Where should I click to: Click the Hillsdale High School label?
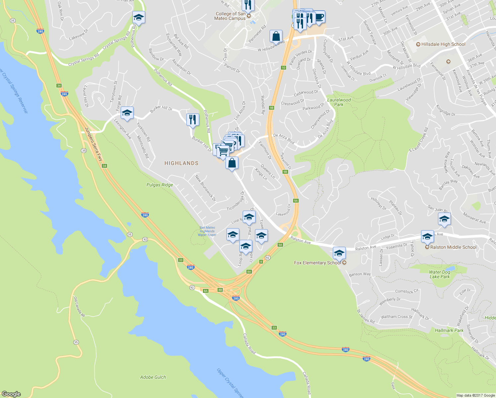[443, 44]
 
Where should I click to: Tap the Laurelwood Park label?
[339, 102]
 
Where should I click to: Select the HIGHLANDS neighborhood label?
[181, 163]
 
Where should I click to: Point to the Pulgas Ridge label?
[160, 185]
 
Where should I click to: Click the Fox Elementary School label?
[317, 263]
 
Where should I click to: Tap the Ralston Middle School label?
[453, 247]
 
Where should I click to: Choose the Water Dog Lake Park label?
[440, 274]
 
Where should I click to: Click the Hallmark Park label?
[449, 330]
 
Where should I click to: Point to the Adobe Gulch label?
[153, 377]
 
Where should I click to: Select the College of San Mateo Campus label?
[230, 16]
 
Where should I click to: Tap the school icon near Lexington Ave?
[127, 113]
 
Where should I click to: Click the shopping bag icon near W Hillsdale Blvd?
[276, 36]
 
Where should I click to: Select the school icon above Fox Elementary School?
[339, 253]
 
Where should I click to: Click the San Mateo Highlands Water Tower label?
[207, 231]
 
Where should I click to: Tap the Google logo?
[11, 394]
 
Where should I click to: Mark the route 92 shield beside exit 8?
[268, 258]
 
